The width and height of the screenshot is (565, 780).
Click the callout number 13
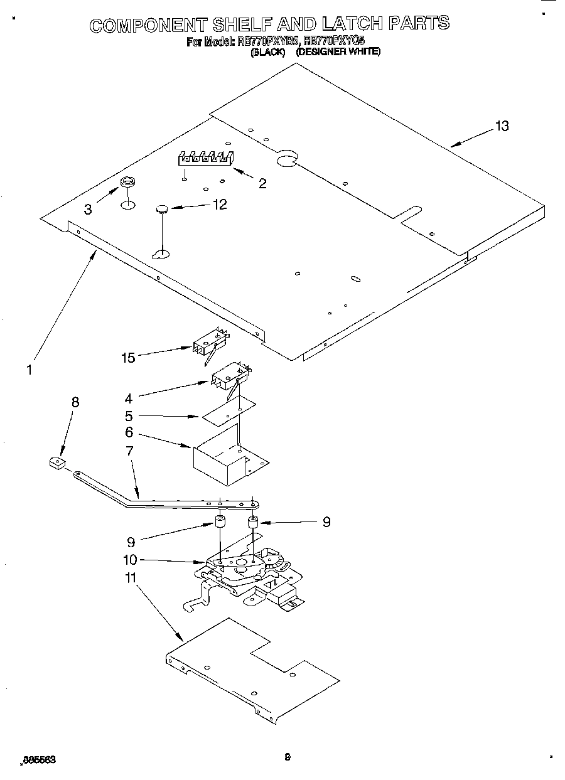[x=501, y=126]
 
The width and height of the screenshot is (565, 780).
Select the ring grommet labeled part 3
[x=127, y=183]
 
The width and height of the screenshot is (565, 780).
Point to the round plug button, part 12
[x=163, y=209]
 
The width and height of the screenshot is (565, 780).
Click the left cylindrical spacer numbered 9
[x=220, y=522]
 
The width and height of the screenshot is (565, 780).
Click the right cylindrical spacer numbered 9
[x=253, y=522]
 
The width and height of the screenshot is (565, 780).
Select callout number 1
[x=29, y=370]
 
